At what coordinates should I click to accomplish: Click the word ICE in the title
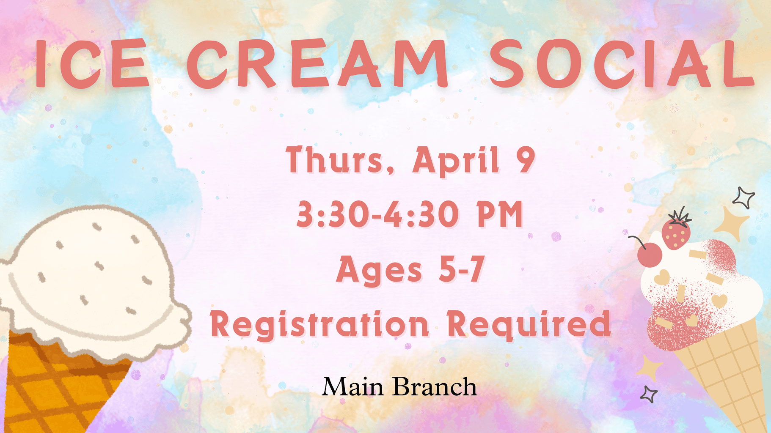(x=92, y=63)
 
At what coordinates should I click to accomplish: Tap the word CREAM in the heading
(x=317, y=63)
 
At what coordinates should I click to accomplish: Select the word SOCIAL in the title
(x=622, y=63)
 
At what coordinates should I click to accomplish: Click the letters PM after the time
(x=500, y=214)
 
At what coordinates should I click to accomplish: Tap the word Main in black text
(x=352, y=386)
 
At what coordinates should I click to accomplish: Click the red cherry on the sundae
(x=649, y=255)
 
